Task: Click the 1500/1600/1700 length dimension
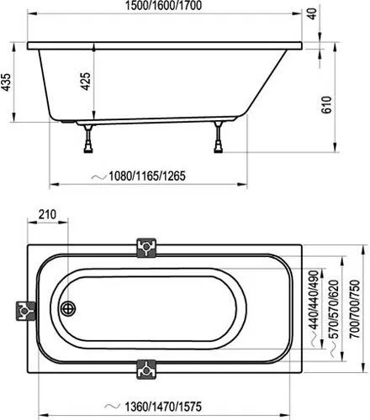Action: pos(163,6)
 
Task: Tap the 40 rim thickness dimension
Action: pos(312,13)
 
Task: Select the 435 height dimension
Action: pos(6,82)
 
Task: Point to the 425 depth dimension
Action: pos(86,81)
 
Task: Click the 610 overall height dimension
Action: pos(326,105)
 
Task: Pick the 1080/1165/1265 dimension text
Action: pos(147,176)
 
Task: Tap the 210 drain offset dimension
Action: pos(47,214)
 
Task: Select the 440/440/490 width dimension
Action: pos(314,300)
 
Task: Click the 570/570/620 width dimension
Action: pos(334,309)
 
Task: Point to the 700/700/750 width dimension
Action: pos(355,309)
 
